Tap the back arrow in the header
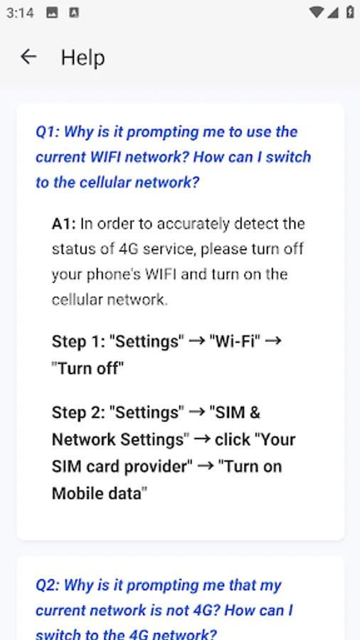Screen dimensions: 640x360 pos(28,57)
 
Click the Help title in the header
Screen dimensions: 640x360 pos(83,58)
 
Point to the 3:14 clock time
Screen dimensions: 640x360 pos(20,13)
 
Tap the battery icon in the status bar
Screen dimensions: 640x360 pos(349,12)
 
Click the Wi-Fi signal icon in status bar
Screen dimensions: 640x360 pos(317,12)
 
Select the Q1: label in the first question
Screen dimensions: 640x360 pos(47,132)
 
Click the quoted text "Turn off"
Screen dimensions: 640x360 pos(88,368)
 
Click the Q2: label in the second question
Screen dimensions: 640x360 pos(48,585)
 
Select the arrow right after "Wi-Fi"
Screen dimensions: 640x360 pos(273,341)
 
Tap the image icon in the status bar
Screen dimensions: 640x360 pos(52,13)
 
